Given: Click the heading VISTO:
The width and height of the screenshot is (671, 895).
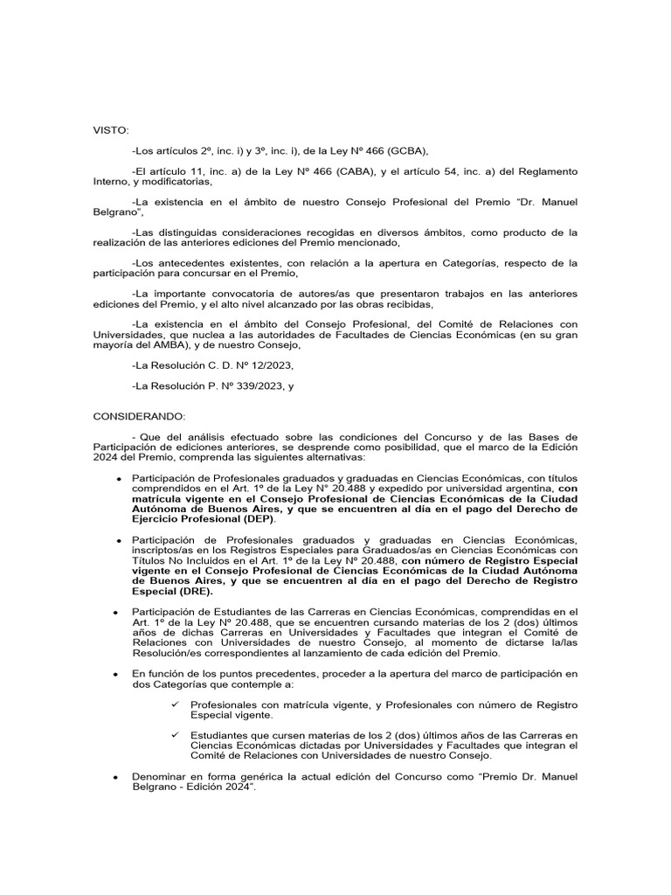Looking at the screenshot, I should pos(111,130).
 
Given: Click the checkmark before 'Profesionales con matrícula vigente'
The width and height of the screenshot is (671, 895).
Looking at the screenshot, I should pos(175,704).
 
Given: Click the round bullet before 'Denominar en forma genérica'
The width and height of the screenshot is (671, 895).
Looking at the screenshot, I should pos(117,777).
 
